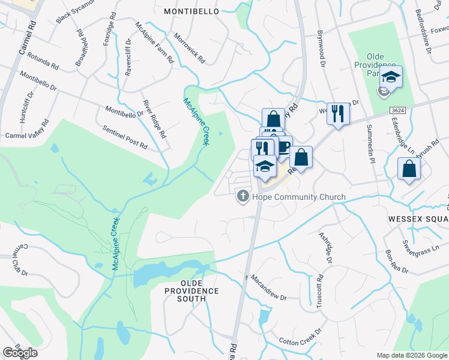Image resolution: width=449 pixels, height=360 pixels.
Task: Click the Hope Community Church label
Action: pos(299,197)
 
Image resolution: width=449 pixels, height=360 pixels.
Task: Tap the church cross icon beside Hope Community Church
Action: pos(243,196)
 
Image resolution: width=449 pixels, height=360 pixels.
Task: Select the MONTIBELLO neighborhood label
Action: pos(193,11)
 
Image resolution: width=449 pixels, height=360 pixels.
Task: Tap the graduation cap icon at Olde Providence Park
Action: pos(391,77)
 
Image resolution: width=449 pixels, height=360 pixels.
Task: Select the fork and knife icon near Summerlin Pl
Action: pos(339,113)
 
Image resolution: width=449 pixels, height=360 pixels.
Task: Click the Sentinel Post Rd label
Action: pos(125,137)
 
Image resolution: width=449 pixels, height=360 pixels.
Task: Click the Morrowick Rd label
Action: pos(190,48)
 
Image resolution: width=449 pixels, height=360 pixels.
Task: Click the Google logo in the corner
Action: pos(20,353)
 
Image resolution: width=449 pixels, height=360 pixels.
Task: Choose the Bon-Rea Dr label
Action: pos(396,260)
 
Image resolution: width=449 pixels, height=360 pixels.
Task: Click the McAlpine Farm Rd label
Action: pos(155,43)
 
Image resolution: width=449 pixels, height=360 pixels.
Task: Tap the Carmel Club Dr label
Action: pos(19,260)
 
